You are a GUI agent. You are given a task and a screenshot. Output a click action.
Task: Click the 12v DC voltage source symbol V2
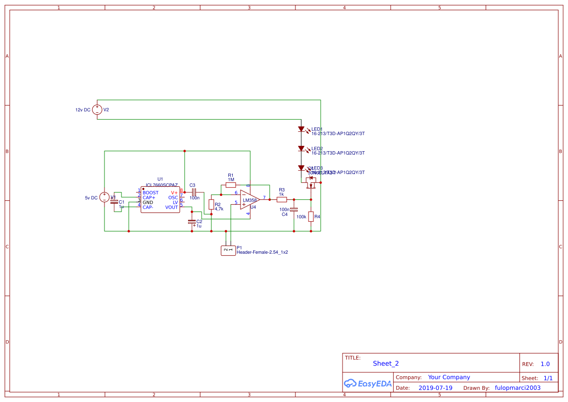click(x=97, y=110)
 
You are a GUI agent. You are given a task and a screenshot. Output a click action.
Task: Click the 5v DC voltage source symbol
click(x=104, y=197)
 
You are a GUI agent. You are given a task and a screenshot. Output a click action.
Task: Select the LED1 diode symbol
click(x=301, y=129)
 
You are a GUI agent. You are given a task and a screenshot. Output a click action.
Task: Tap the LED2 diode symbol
click(x=301, y=149)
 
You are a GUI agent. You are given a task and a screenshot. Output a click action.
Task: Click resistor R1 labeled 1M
click(x=231, y=185)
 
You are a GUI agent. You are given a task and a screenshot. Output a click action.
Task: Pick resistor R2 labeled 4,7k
click(x=211, y=204)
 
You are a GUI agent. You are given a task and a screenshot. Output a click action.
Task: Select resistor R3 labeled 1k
click(x=281, y=199)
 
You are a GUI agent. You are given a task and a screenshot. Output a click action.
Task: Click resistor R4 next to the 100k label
click(x=311, y=216)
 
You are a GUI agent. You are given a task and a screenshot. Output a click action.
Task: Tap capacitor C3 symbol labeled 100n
click(x=193, y=192)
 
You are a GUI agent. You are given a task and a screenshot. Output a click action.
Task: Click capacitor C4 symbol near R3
click(x=293, y=209)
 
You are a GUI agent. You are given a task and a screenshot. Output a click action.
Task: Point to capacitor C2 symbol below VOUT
click(x=192, y=222)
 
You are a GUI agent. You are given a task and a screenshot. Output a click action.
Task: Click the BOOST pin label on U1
click(x=151, y=192)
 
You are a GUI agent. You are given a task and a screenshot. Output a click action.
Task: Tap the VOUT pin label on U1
click(x=172, y=207)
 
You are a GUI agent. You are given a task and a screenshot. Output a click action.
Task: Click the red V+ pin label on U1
click(x=174, y=192)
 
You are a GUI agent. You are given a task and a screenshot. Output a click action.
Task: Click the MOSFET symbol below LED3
click(x=310, y=183)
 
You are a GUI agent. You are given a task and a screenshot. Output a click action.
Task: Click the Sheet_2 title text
click(x=386, y=363)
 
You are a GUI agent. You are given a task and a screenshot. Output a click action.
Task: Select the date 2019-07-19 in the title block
click(x=435, y=388)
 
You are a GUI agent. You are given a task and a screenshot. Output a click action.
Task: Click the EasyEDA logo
click(x=367, y=384)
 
